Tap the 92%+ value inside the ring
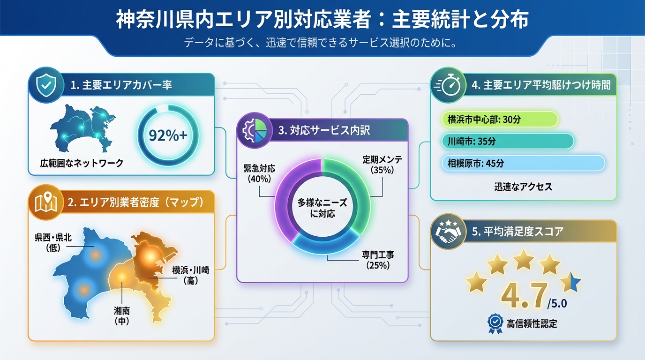point(167,135)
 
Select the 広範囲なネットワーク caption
point(82,163)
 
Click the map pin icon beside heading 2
point(46,202)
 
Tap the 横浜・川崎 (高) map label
point(190,275)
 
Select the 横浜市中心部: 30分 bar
point(500,120)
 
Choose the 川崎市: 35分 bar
point(508,142)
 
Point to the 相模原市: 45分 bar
point(523,163)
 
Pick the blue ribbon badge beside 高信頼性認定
point(495,323)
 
